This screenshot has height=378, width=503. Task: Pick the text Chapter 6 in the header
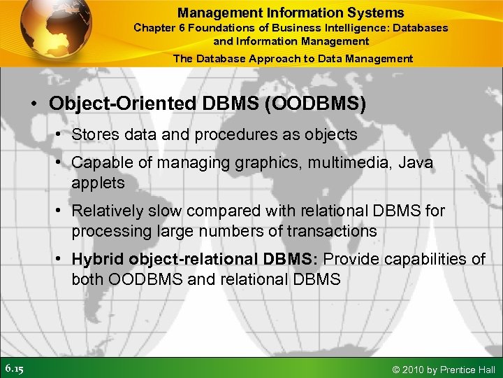coord(156,28)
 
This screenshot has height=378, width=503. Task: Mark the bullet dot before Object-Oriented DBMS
coord(34,104)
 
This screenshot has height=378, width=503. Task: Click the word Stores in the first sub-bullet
coord(94,134)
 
